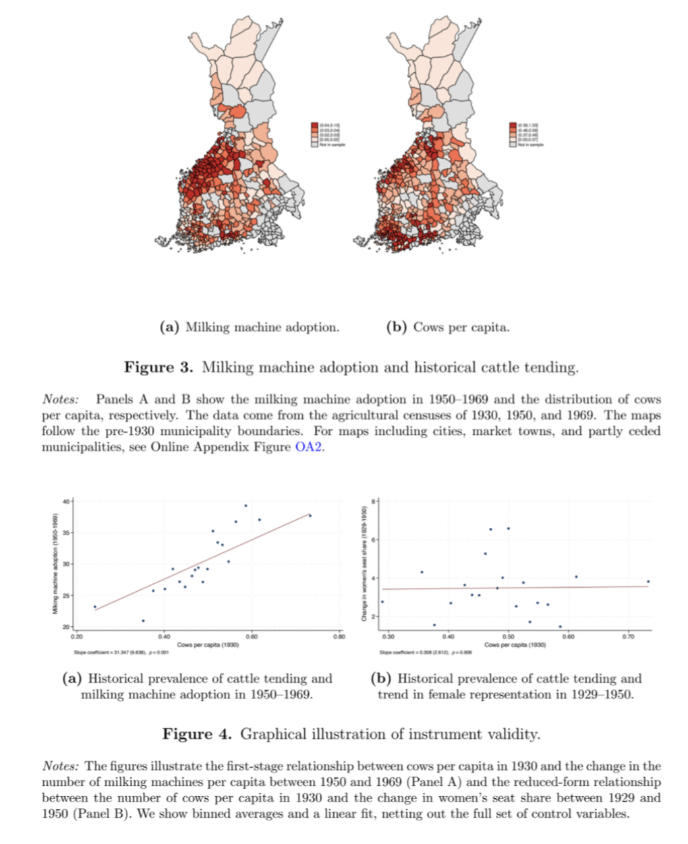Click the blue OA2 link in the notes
pos(308,447)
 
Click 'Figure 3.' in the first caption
pos(159,367)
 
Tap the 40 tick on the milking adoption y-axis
pos(65,501)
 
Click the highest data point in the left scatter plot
pos(246,506)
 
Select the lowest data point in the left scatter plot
pos(143,621)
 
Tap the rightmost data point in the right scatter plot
pos(648,581)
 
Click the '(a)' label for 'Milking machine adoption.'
pos(169,328)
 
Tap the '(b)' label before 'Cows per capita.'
pos(397,328)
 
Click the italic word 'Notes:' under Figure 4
pos(61,766)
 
